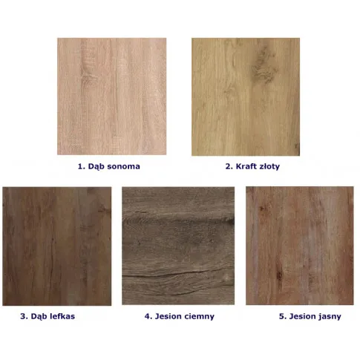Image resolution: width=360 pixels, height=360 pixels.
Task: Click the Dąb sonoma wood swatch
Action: click(111, 96)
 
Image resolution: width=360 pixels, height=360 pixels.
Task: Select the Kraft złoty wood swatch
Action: click(246, 96)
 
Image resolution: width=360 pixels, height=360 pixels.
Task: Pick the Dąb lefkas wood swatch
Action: click(57, 246)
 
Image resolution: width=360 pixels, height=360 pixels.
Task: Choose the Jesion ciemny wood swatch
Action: click(178, 246)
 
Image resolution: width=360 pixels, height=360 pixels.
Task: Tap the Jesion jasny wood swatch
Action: click(300, 246)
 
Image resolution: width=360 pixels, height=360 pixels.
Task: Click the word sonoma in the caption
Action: click(123, 166)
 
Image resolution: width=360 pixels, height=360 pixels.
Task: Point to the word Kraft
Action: click(246, 166)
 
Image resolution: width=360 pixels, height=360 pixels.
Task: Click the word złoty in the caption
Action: click(269, 167)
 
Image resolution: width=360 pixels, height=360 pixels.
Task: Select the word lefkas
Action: click(62, 316)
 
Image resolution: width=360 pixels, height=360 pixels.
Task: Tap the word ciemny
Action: click(200, 317)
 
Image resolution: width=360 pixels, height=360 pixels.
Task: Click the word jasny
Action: click(328, 317)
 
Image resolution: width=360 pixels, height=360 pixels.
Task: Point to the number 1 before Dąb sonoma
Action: click(80, 166)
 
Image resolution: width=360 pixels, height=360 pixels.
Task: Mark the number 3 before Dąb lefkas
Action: click(23, 316)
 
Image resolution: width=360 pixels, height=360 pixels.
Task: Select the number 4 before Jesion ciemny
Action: click(148, 316)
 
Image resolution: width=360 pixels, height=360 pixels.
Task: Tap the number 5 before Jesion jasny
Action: click(282, 316)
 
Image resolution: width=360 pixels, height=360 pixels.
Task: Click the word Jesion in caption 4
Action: click(168, 316)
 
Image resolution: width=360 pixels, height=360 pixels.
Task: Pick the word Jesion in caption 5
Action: click(301, 316)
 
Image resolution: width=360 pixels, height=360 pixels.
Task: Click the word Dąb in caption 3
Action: click(39, 317)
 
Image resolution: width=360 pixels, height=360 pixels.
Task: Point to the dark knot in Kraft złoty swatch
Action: click(264, 65)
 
